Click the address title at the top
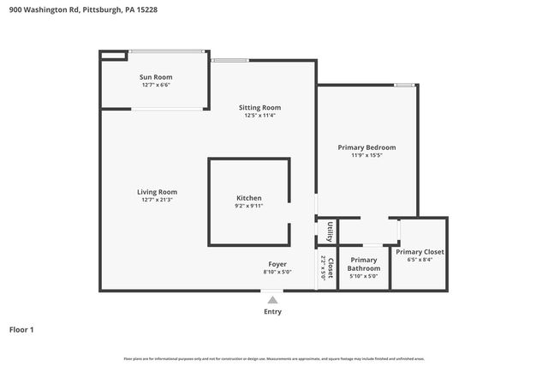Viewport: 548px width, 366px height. tap(83, 10)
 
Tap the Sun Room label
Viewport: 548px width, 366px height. tap(156, 77)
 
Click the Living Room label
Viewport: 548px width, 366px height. tap(157, 191)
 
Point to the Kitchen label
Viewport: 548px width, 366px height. tap(249, 198)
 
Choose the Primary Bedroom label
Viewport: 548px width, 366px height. tap(366, 147)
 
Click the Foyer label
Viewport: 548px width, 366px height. tap(277, 264)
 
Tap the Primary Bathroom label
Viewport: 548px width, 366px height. tap(364, 264)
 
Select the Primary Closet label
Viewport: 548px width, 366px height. tap(420, 252)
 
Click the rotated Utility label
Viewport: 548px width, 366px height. tap(330, 232)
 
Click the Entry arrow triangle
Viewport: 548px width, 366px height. tap(272, 300)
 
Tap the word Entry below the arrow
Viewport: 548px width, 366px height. tap(272, 311)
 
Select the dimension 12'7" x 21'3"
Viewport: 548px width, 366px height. tap(157, 200)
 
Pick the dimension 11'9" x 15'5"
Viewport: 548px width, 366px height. tap(366, 156)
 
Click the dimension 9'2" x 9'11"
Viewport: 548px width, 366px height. tap(249, 206)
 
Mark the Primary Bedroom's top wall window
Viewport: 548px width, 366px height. tap(405, 85)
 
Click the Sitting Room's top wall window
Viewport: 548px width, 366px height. tap(229, 60)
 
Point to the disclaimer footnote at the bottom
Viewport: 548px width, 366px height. tap(273, 358)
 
